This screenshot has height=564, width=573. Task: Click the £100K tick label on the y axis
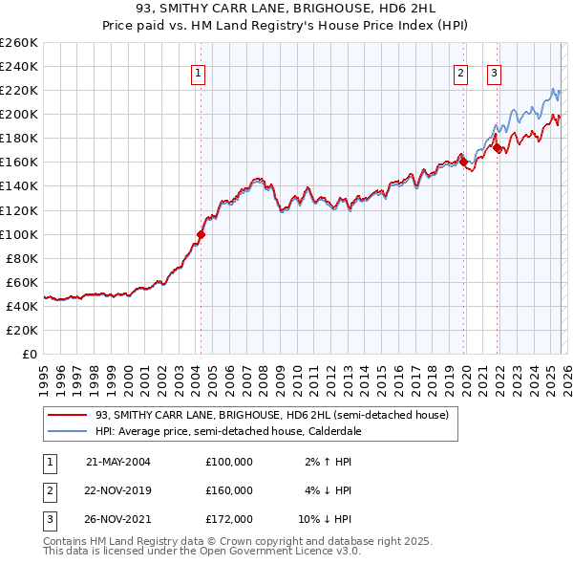[x=19, y=234]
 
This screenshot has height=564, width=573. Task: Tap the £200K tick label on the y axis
[x=19, y=114]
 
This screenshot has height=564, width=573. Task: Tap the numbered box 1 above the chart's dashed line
[x=198, y=73]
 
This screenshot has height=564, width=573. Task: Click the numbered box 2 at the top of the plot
[x=460, y=73]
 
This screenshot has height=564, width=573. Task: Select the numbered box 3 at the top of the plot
[x=495, y=73]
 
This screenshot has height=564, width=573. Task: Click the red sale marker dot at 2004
[x=202, y=234]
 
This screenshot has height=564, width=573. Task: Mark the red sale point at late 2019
[x=464, y=162]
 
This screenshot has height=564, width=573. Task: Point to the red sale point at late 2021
[x=498, y=147]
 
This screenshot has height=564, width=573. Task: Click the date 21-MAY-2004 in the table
[x=118, y=462]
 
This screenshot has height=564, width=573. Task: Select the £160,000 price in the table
[x=229, y=490]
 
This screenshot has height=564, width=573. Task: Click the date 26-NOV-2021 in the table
[x=118, y=519]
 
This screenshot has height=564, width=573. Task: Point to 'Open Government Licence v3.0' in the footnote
[x=277, y=553]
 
